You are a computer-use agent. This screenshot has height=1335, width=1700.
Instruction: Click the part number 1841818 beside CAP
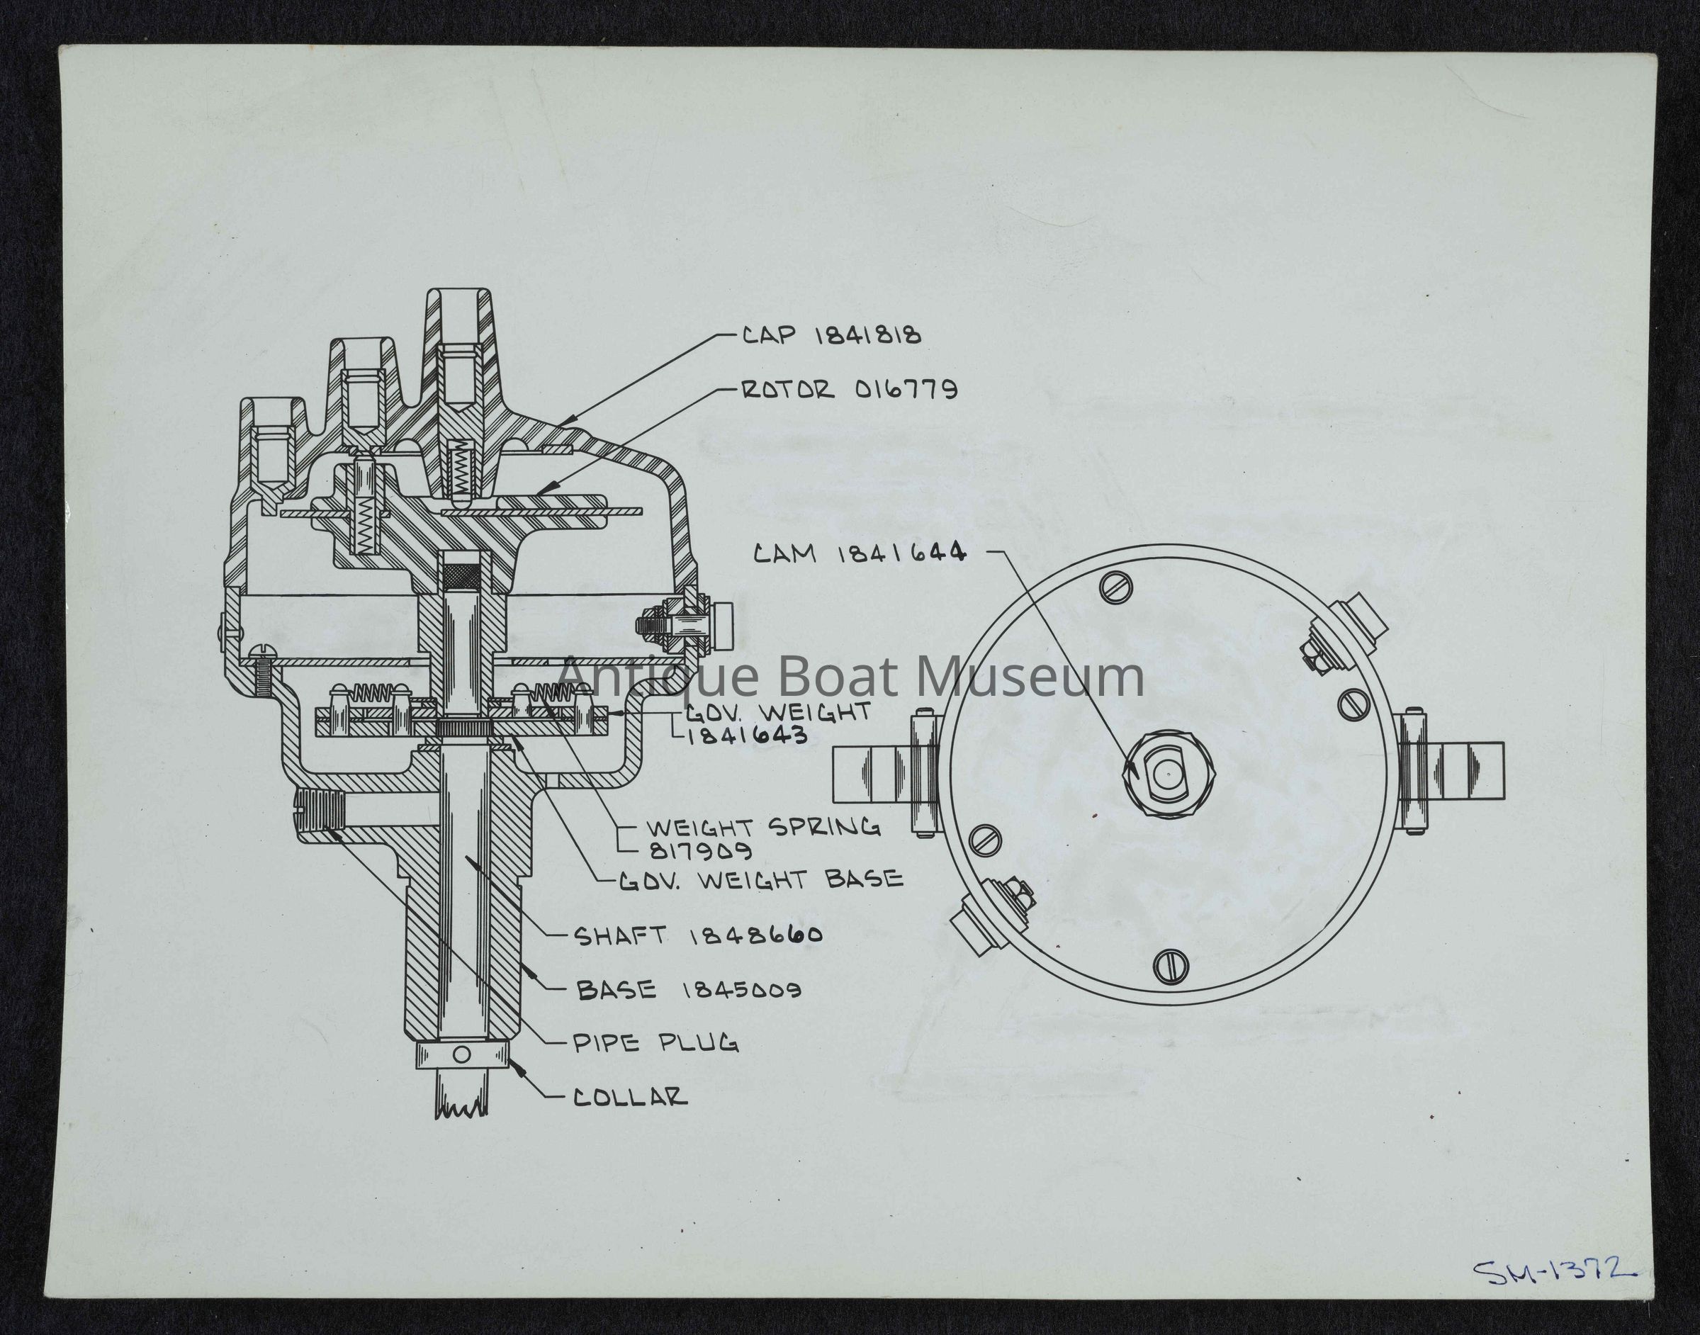(x=868, y=335)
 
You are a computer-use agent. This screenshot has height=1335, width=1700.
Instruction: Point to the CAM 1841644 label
(x=859, y=553)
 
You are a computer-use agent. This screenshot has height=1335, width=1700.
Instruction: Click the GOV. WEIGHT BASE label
(x=760, y=880)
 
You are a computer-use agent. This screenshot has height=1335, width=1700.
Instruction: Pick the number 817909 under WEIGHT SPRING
(x=700, y=850)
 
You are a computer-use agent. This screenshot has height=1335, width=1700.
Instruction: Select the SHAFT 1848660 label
(x=697, y=935)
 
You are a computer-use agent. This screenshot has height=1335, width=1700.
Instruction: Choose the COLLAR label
(x=631, y=1098)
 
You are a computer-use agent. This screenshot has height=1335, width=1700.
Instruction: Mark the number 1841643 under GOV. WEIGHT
(x=746, y=736)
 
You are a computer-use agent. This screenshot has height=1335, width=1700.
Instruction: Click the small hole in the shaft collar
(x=462, y=1056)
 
